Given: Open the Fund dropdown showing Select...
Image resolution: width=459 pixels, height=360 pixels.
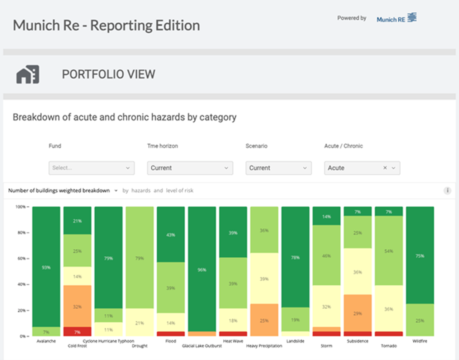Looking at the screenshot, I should [x=91, y=168].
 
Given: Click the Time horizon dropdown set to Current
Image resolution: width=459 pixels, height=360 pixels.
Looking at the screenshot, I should [x=190, y=168].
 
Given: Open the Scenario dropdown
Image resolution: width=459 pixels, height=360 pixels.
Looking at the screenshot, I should [x=278, y=168].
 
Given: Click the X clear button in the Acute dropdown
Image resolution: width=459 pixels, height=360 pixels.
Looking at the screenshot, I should [x=385, y=168].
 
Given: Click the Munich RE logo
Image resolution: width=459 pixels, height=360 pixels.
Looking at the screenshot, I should [x=396, y=18].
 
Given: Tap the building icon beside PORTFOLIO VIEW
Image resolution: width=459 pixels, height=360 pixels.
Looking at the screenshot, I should [x=28, y=74].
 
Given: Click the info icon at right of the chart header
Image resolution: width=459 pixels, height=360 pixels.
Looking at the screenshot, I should [x=447, y=191].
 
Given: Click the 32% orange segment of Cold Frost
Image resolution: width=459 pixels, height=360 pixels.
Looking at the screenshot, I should [x=77, y=306].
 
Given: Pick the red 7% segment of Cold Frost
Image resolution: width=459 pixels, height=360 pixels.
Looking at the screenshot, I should [x=77, y=332].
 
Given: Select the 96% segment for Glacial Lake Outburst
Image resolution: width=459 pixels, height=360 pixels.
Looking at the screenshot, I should [x=202, y=269].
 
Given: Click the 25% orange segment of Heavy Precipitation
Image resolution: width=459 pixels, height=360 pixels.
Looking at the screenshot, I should [x=264, y=320].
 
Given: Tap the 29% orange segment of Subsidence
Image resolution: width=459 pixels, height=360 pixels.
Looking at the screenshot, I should [x=358, y=313].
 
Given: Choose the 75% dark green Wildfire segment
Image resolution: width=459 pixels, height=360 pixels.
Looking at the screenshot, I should [x=420, y=256].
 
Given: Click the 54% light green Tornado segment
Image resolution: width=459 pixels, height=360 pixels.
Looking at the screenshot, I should [x=389, y=251].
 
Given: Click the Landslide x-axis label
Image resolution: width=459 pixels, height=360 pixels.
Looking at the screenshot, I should [x=295, y=341].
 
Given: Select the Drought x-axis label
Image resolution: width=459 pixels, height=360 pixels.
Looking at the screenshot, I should [x=139, y=346].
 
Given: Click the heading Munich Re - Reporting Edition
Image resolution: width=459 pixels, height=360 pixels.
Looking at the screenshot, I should [x=107, y=25].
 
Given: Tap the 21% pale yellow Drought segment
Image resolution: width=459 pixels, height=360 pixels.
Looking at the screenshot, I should [x=139, y=322].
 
